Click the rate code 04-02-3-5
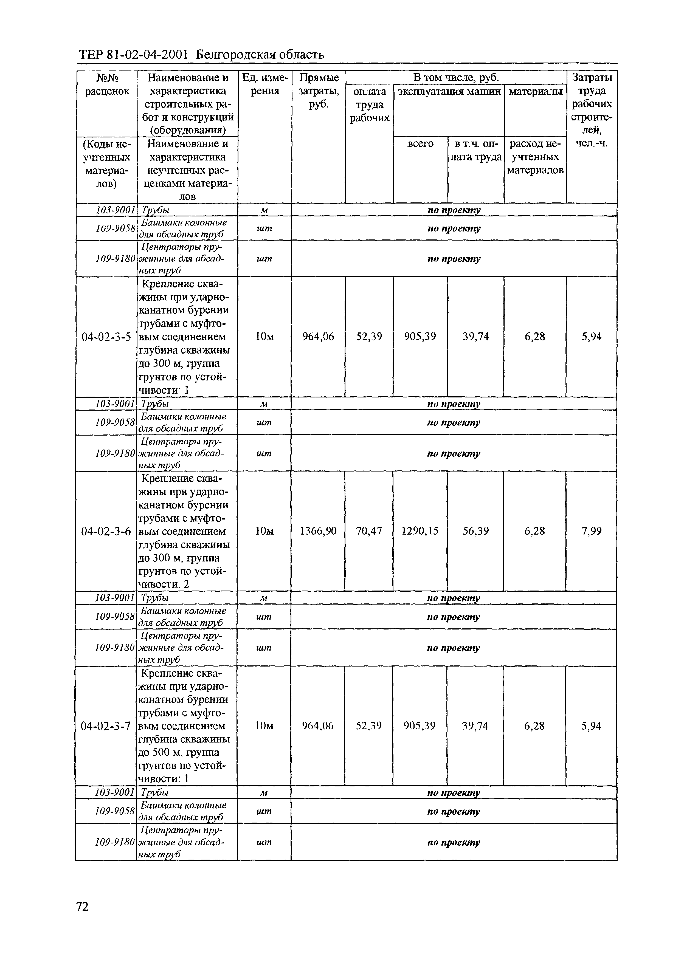(106, 337)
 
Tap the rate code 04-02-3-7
(106, 726)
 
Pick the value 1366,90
(318, 531)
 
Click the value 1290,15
(420, 531)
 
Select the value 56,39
(475, 531)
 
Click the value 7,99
(592, 531)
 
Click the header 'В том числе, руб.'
(456, 78)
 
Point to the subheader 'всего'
(420, 143)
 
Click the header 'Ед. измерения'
(264, 84)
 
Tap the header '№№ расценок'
(107, 84)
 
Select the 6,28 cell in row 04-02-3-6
(534, 531)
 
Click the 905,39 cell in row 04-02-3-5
(420, 337)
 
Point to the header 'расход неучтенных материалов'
(535, 157)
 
